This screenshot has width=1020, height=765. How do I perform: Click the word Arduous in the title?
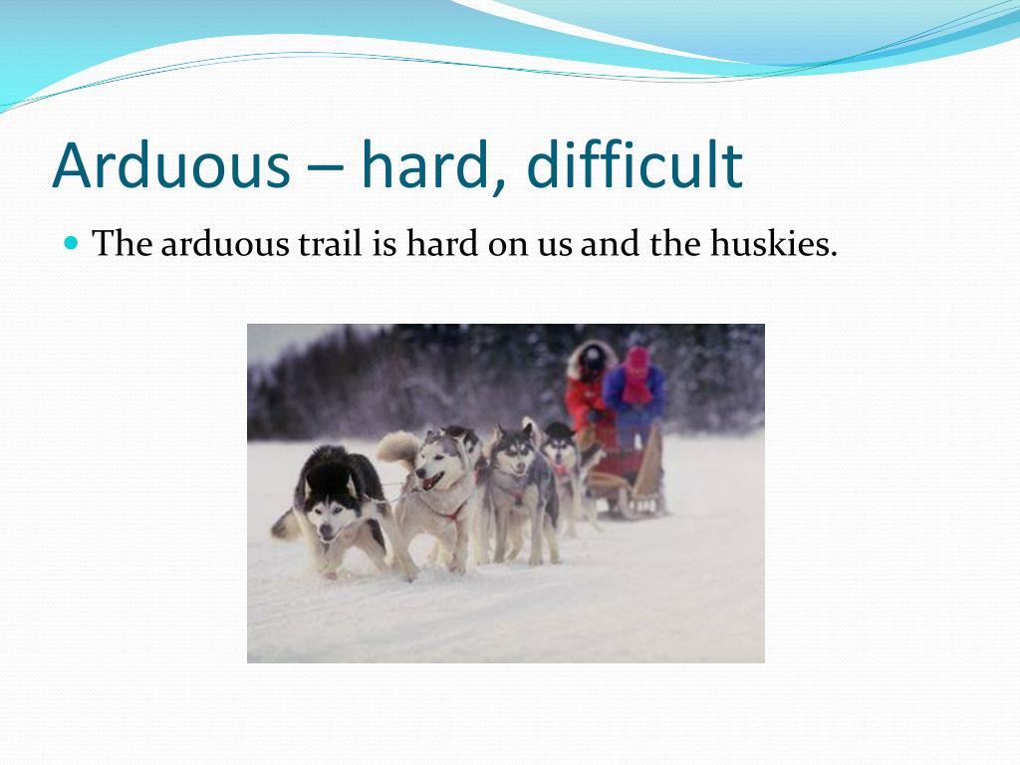tap(170, 165)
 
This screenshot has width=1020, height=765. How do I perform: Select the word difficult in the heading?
tap(635, 165)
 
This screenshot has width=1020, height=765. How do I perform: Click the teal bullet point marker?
tap(71, 242)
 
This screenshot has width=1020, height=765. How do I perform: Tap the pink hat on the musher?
tap(637, 359)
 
